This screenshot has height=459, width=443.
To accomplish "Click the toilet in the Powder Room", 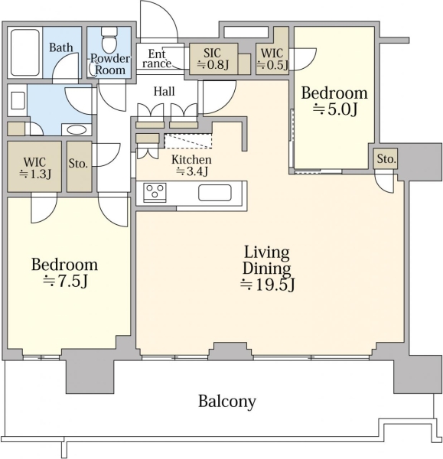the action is [109, 39].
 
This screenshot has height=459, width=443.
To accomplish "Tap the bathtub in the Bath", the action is [25, 52].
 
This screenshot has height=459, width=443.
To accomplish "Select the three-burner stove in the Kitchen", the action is [155, 192].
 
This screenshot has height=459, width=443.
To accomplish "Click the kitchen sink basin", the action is [215, 193].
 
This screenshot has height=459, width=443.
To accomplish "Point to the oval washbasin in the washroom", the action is [77, 130].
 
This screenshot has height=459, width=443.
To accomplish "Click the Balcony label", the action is [227, 402].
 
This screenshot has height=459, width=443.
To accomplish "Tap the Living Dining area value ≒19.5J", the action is [267, 285].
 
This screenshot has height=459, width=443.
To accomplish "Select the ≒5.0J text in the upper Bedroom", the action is [335, 109].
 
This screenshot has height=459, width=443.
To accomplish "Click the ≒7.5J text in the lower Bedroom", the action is [65, 282].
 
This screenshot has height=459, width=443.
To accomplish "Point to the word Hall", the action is [164, 91].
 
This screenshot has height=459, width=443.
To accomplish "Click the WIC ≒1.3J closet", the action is [34, 167].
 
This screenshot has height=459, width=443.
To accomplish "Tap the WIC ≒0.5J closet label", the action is [272, 59].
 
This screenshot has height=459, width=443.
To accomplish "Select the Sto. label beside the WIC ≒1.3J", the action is [78, 164].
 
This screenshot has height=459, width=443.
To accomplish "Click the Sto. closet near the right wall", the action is [386, 158].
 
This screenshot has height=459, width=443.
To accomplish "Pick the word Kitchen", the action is [191, 160].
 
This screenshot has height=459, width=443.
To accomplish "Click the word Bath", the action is [61, 47].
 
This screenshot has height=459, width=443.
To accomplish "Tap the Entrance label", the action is [157, 59].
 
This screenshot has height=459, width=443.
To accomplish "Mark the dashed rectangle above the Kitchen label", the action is [188, 141].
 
